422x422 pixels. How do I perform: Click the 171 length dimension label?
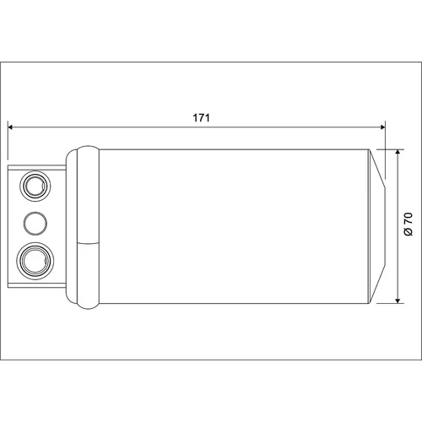(x=201, y=117)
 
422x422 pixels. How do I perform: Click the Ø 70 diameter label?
(x=408, y=225)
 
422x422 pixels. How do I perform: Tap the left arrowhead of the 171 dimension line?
(x=10, y=127)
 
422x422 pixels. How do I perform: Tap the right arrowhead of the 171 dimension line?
(x=382, y=127)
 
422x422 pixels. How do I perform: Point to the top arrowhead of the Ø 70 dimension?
(x=398, y=152)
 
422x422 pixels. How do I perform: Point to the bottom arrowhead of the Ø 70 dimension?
(x=398, y=300)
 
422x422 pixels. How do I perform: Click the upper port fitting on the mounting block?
(x=35, y=186)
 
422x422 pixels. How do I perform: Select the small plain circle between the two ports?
(x=35, y=224)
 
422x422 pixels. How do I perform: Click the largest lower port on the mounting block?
(x=35, y=262)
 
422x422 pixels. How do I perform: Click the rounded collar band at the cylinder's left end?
(x=88, y=227)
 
